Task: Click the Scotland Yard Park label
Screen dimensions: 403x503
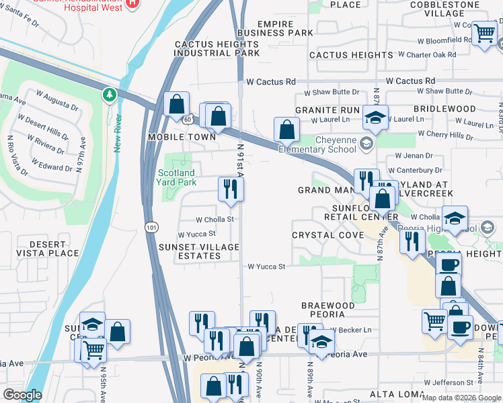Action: pos(176,177)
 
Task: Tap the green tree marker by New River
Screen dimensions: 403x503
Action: pos(109,95)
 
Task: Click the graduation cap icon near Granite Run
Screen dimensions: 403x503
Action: pos(375,117)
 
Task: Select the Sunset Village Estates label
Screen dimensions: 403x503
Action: pos(198,251)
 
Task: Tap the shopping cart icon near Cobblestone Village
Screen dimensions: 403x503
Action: pos(484,32)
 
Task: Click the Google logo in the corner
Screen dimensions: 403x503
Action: pos(22,395)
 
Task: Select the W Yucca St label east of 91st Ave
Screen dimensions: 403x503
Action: pos(266,267)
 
